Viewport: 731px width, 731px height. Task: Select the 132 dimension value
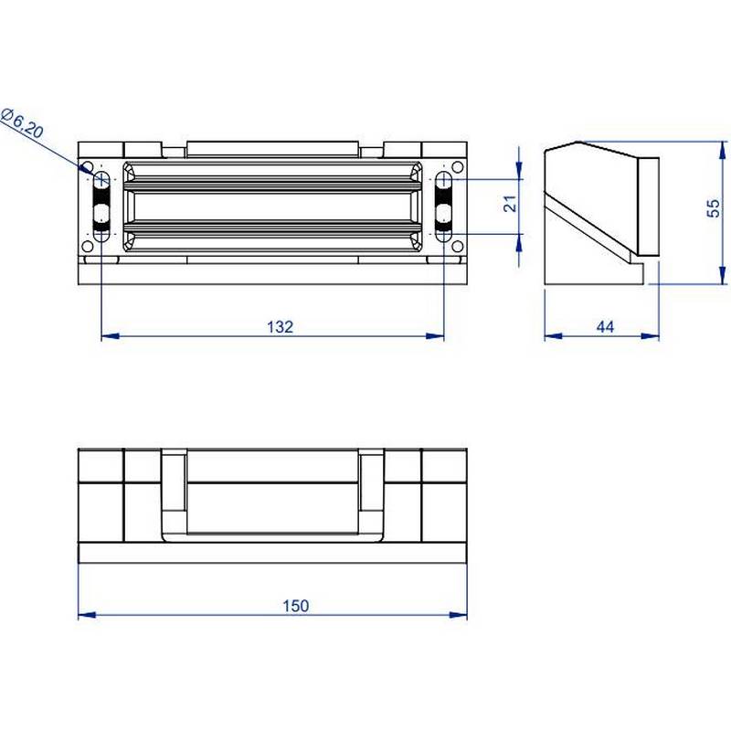tap(281, 326)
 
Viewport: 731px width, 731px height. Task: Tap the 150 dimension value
tap(295, 605)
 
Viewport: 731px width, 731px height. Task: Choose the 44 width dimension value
tap(605, 326)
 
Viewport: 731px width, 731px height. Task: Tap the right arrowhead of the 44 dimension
tap(653, 337)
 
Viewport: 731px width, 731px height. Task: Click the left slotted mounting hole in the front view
tap(101, 205)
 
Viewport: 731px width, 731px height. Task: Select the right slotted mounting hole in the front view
tap(443, 205)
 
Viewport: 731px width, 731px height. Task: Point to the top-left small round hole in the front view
tap(88, 168)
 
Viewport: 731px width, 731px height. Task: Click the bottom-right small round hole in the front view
tap(457, 246)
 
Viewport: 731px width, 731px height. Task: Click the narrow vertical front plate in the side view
tap(647, 206)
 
